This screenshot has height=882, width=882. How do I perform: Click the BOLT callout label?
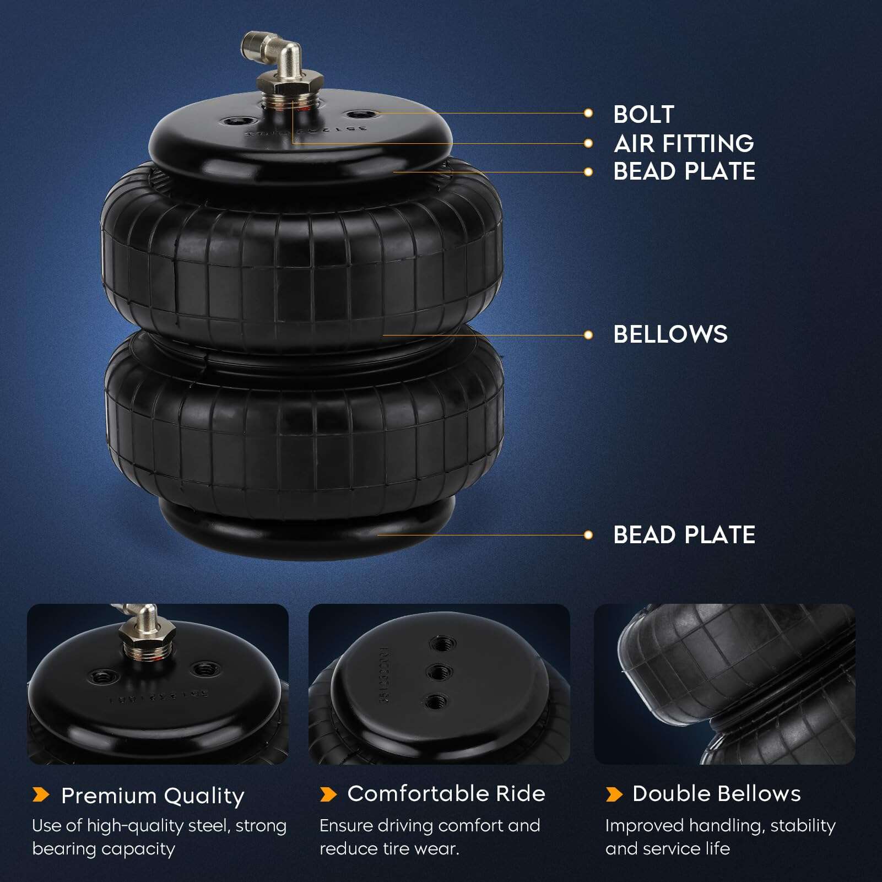point(643,115)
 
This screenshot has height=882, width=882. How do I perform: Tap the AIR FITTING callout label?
point(684,144)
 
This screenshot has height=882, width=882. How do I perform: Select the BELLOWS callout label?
point(670,334)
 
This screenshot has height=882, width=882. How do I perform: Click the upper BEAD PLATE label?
point(684,171)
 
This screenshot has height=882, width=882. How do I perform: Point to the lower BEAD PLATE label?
point(684,535)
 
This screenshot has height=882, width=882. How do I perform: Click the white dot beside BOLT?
point(588,113)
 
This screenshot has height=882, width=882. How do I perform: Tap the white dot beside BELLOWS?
point(588,335)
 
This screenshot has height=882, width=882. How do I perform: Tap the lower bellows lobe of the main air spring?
point(304,421)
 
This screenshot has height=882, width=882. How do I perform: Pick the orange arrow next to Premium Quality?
point(41,794)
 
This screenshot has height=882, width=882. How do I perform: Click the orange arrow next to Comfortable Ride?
point(328,794)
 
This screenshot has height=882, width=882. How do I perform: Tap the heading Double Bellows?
point(717,794)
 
